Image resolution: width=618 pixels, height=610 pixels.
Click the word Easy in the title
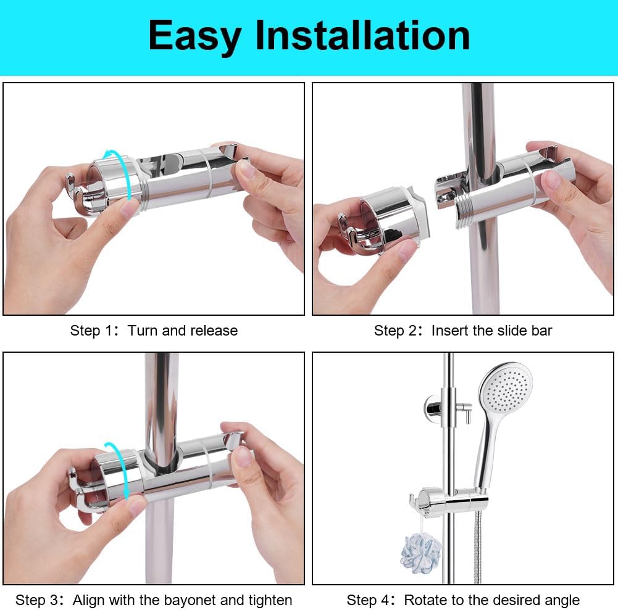195,36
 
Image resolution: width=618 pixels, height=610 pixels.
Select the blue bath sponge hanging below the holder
421,551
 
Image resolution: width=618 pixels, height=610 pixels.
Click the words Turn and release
183,331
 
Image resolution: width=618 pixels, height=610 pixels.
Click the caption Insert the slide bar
491,331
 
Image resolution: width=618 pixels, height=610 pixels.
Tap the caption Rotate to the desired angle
491,600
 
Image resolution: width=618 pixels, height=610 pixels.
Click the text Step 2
393,331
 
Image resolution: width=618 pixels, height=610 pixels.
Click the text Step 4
366,600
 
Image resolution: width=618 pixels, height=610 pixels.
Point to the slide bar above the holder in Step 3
162,395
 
